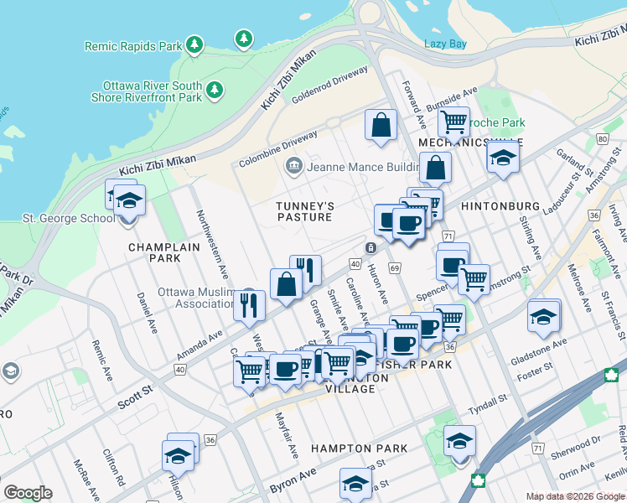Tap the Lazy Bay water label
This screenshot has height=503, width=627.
[x=445, y=44]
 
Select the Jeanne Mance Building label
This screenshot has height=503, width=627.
[x=362, y=166]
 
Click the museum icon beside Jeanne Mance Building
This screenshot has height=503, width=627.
[x=293, y=165]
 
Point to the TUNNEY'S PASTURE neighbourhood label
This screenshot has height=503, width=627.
[x=306, y=211]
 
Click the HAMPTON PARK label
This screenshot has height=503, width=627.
[x=359, y=449]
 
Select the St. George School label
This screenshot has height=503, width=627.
[x=69, y=218]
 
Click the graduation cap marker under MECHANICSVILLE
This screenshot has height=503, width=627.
[x=502, y=157]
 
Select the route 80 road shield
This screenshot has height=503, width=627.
[x=602, y=137]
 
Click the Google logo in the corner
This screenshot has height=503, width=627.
[x=28, y=493]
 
